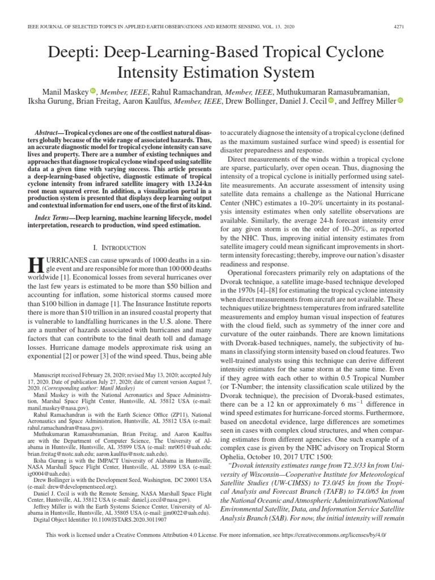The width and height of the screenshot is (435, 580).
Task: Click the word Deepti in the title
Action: pos(80,53)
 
